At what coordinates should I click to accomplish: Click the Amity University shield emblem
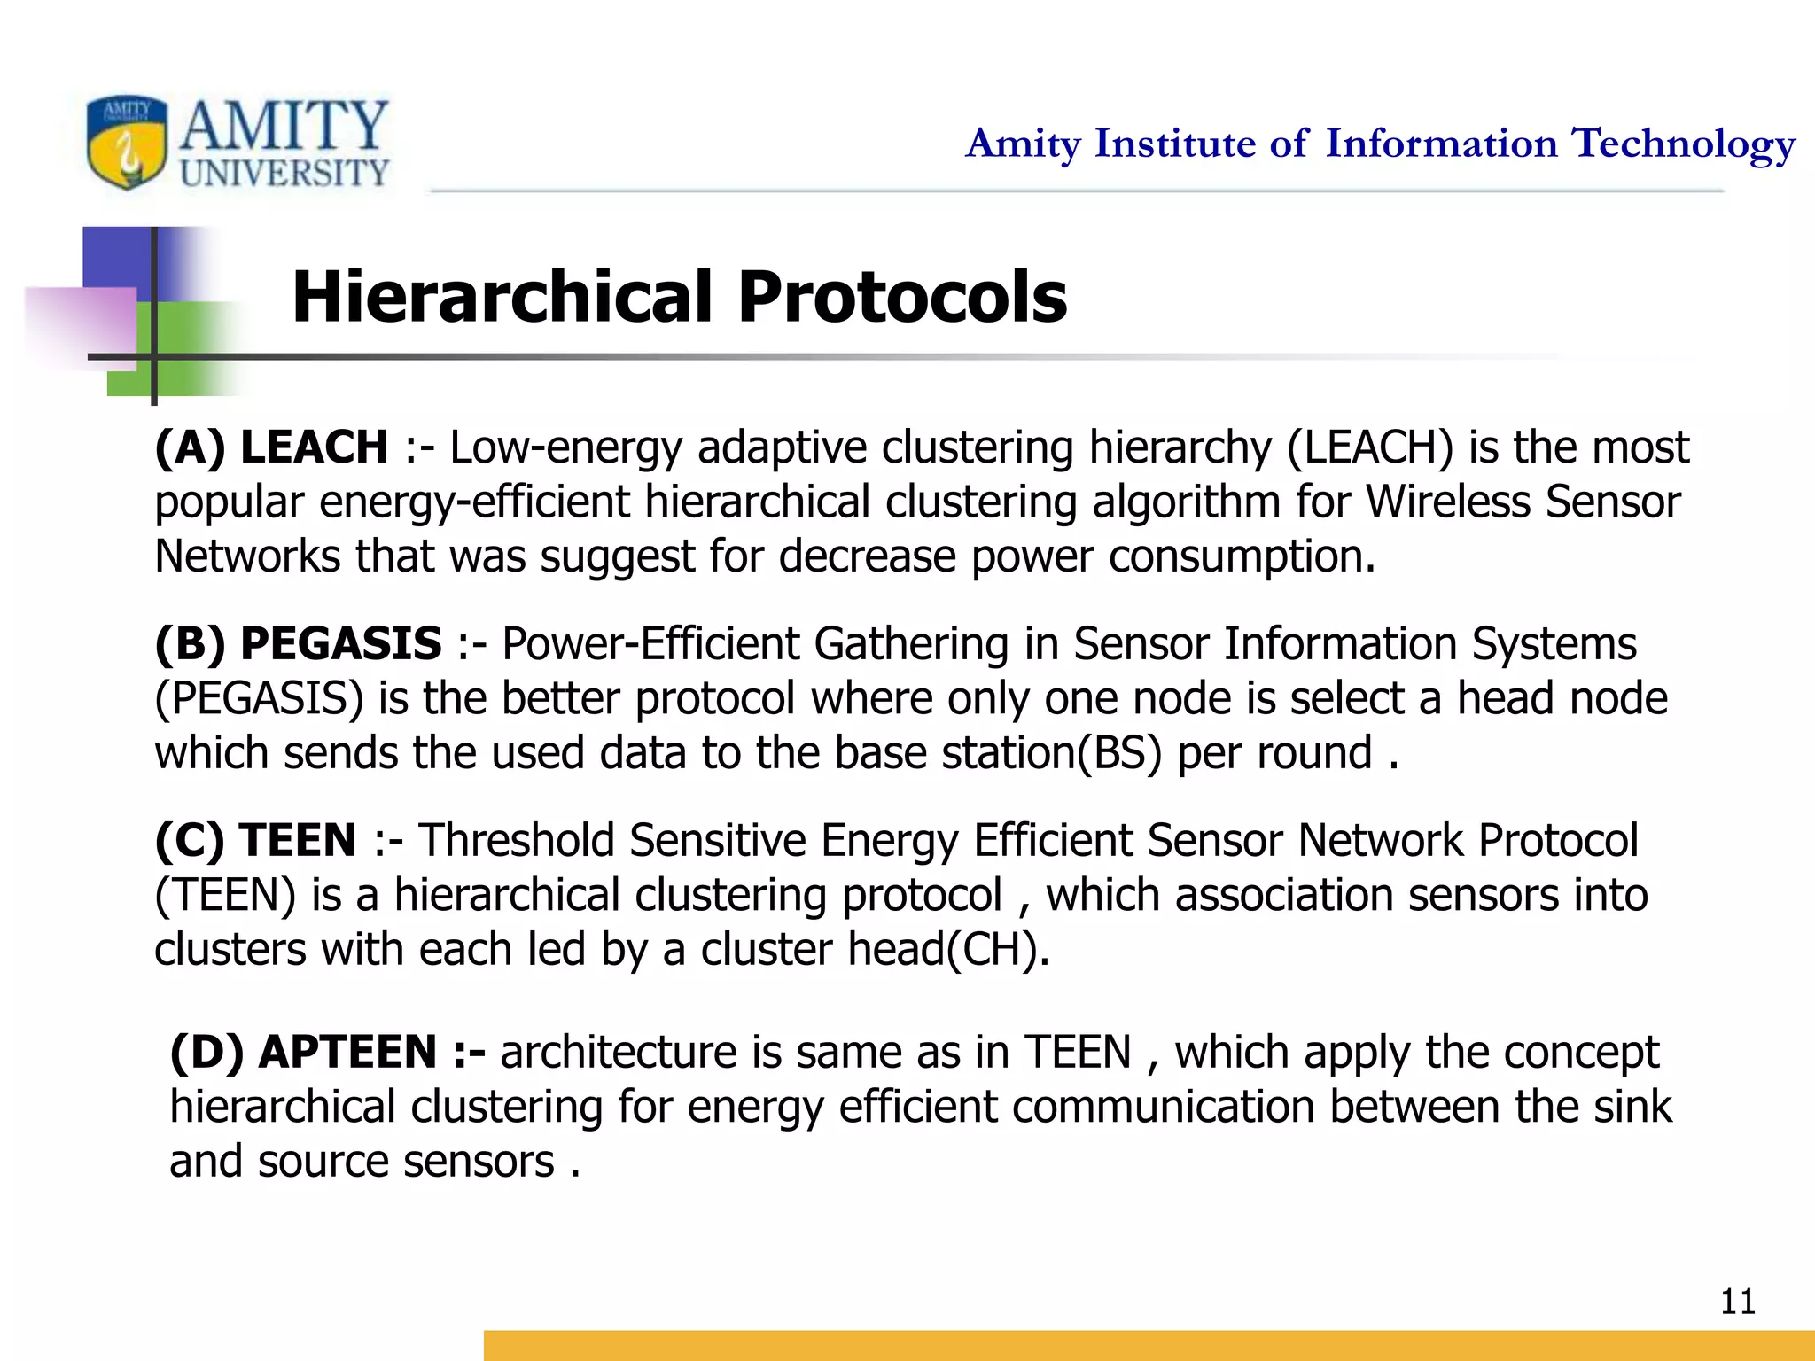[127, 142]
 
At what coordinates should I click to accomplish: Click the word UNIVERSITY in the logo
[284, 173]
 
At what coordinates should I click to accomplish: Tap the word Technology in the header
[1683, 144]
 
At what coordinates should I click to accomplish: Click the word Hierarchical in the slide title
[502, 297]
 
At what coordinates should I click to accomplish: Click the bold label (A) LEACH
[271, 447]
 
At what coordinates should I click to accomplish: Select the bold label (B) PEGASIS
[298, 643]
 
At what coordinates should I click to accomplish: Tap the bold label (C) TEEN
[255, 840]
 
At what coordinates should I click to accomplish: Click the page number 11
[1737, 1302]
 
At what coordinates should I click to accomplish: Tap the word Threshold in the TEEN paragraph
[516, 840]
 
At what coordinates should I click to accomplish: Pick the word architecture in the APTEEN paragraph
[618, 1053]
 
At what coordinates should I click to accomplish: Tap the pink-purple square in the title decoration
[82, 326]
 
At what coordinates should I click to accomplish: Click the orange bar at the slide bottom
[1149, 1345]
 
